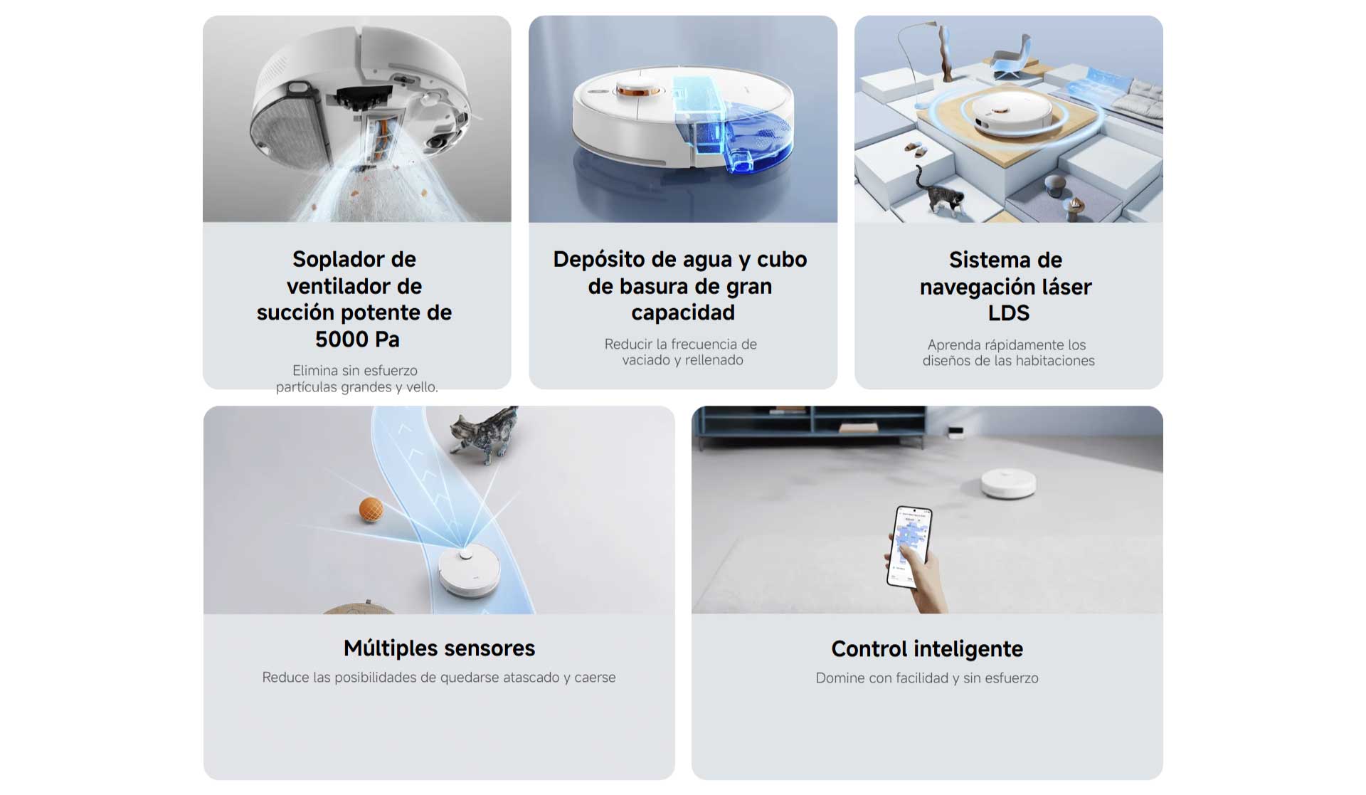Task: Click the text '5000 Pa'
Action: point(357,339)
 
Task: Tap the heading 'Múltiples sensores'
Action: point(439,648)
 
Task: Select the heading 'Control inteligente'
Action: point(927,649)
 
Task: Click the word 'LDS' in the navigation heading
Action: point(1008,313)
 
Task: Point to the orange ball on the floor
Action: point(371,510)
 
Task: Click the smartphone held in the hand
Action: point(909,546)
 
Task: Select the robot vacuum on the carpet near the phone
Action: point(1008,483)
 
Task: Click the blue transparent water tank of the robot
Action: point(733,125)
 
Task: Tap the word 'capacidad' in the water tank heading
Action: point(682,312)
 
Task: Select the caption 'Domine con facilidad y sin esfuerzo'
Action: point(927,678)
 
